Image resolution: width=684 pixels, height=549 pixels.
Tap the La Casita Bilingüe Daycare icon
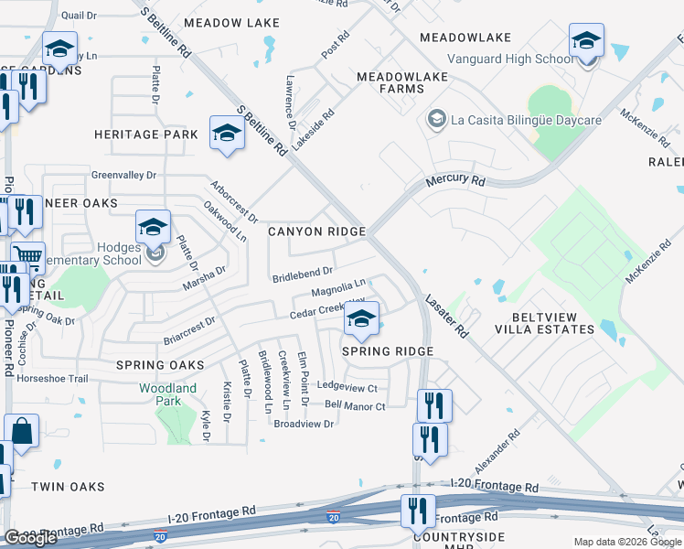tap(436, 120)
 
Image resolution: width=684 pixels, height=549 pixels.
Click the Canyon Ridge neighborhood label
tap(316, 231)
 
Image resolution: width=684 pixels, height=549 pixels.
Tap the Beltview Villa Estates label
tap(544, 323)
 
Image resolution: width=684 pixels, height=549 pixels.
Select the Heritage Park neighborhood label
tap(146, 135)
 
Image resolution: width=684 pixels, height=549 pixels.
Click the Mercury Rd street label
tap(454, 181)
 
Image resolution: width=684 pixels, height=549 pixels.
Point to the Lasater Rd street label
tap(447, 317)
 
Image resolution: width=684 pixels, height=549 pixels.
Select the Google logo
tap(31, 537)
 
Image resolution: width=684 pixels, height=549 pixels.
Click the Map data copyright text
tap(628, 542)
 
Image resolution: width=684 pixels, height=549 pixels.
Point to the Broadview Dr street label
tap(304, 424)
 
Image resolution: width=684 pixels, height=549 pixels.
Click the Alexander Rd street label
tap(497, 446)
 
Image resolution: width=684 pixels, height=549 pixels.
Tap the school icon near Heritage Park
tap(226, 134)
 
